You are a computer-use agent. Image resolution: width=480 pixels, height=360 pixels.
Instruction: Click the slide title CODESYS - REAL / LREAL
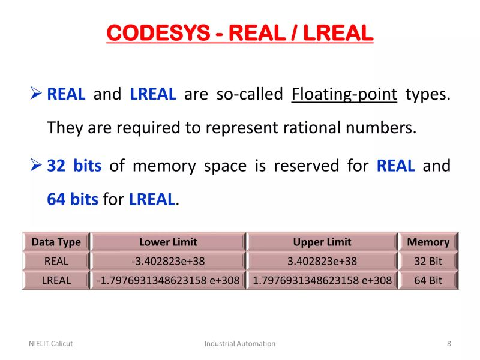tap(240, 32)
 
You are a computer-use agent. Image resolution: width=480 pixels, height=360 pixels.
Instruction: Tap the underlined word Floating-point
tap(344, 94)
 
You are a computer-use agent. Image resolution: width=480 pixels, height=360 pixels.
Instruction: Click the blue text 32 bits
tap(74, 166)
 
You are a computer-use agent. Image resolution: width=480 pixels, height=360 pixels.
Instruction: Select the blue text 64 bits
tap(72, 199)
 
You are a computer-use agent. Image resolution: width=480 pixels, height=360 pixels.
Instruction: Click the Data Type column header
tap(56, 242)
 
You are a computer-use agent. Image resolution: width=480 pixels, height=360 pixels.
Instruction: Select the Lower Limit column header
tap(168, 242)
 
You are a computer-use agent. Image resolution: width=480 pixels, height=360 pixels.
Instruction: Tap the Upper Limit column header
tap(322, 242)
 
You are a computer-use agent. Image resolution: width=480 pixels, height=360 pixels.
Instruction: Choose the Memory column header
tap(428, 242)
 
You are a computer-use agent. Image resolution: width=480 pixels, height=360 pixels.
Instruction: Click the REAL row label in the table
tap(56, 261)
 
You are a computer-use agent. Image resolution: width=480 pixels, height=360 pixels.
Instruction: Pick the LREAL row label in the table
tap(56, 280)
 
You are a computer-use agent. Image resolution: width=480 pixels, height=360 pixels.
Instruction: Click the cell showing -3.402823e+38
tap(168, 261)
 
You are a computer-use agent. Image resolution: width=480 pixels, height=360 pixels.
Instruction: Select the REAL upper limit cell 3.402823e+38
tap(322, 261)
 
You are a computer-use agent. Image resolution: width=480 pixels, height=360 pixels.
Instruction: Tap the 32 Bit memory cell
tap(428, 261)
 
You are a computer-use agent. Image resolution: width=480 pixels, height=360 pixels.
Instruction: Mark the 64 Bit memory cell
tap(428, 280)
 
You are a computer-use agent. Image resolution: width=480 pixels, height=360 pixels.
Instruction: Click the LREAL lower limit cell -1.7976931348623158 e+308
tap(168, 280)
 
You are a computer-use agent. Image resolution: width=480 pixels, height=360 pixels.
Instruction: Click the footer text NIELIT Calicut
tap(51, 344)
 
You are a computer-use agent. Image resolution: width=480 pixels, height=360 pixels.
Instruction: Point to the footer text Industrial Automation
tap(240, 344)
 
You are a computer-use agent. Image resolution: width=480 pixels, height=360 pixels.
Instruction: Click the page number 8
tap(449, 344)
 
